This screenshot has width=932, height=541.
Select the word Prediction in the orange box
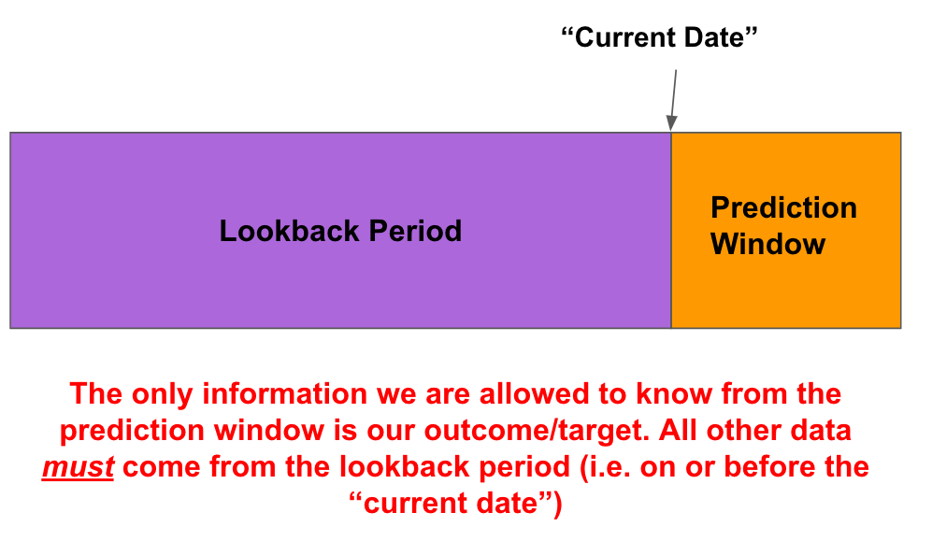(783, 207)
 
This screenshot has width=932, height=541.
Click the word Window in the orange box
(767, 245)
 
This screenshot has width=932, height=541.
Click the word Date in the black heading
(724, 38)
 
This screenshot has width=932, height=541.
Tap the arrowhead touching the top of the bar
(670, 123)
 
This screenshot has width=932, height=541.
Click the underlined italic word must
(78, 467)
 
